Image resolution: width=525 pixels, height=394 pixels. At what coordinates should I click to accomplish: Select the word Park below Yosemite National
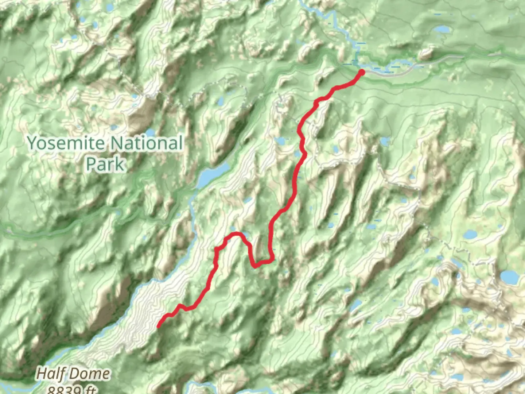pyautogui.click(x=105, y=164)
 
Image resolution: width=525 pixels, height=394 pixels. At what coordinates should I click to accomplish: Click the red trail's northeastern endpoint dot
pyautogui.click(x=362, y=72)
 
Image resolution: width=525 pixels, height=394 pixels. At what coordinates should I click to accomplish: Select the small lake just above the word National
pyautogui.click(x=150, y=132)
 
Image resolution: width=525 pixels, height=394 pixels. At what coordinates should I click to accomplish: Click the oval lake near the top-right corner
pyautogui.click(x=442, y=29)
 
